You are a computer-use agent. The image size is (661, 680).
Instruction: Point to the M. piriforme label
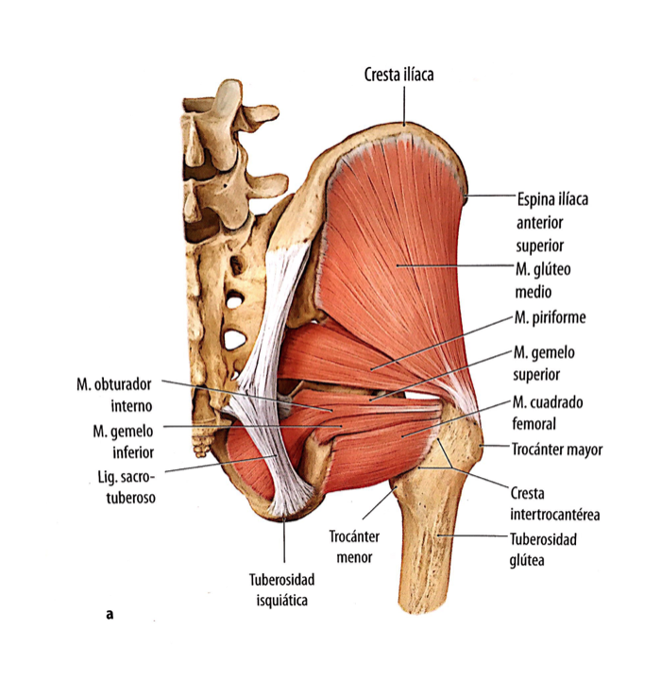coord(551,317)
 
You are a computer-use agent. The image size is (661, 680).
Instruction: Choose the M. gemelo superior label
coord(544,361)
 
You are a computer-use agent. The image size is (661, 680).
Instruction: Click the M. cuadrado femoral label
coord(549,412)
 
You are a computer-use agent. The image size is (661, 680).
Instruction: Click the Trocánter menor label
coord(354,547)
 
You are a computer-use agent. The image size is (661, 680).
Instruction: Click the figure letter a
coord(110,615)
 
